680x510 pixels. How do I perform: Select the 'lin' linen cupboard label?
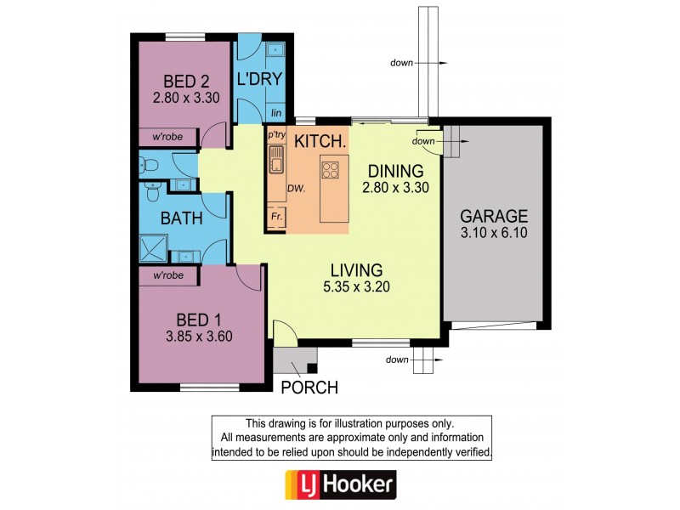click(275, 112)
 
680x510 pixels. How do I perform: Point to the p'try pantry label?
click(276, 135)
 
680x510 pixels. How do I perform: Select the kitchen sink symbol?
click(275, 159)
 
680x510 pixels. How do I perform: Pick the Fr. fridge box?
click(276, 217)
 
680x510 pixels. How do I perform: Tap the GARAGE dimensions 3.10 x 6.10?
click(494, 231)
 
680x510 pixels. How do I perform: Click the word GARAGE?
click(494, 216)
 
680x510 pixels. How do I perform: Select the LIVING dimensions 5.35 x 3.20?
click(357, 286)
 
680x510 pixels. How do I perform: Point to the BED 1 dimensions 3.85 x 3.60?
click(199, 335)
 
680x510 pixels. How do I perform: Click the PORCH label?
click(309, 388)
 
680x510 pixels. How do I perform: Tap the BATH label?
click(182, 218)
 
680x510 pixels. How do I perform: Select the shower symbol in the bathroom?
click(155, 248)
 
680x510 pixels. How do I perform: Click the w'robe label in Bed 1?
click(168, 276)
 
